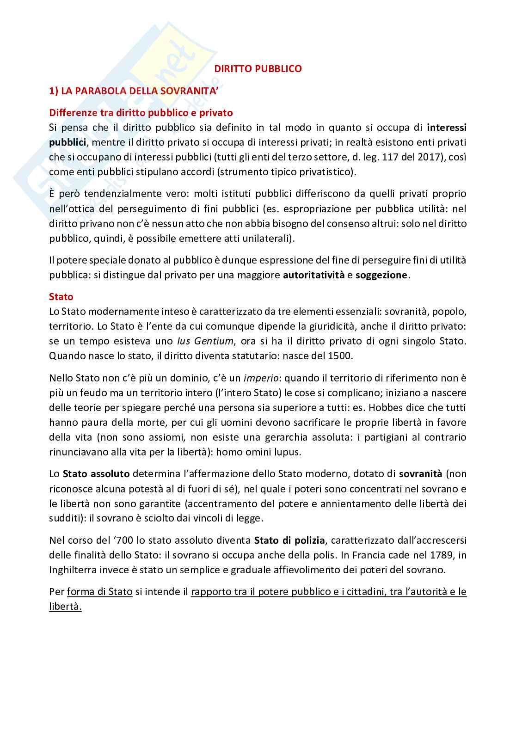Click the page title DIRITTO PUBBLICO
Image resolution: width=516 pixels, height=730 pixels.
pyautogui.click(x=258, y=69)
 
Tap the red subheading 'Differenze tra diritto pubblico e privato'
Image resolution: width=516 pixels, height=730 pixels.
pyautogui.click(x=141, y=112)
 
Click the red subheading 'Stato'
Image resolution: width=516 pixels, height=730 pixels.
pyautogui.click(x=61, y=297)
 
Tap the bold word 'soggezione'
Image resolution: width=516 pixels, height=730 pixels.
pyautogui.click(x=381, y=275)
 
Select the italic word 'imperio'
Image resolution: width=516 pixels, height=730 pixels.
pyautogui.click(x=261, y=378)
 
